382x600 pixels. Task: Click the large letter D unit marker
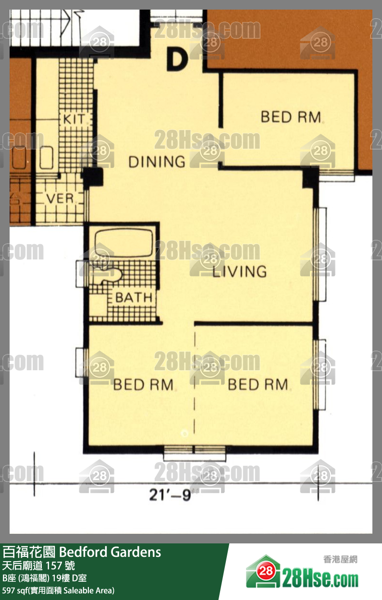[177, 59]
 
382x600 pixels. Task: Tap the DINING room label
[157, 162]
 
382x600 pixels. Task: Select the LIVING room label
[240, 271]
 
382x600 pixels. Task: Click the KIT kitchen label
[74, 119]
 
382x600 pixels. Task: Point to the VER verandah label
[60, 199]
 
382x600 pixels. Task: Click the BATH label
[134, 297]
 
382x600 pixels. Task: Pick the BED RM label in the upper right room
[291, 117]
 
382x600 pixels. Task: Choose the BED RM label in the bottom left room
[143, 385]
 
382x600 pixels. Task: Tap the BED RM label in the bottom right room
[258, 385]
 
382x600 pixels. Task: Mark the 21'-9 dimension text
[170, 495]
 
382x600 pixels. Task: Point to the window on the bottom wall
[195, 453]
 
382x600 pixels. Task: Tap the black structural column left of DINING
[92, 177]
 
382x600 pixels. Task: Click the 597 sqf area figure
[15, 590]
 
